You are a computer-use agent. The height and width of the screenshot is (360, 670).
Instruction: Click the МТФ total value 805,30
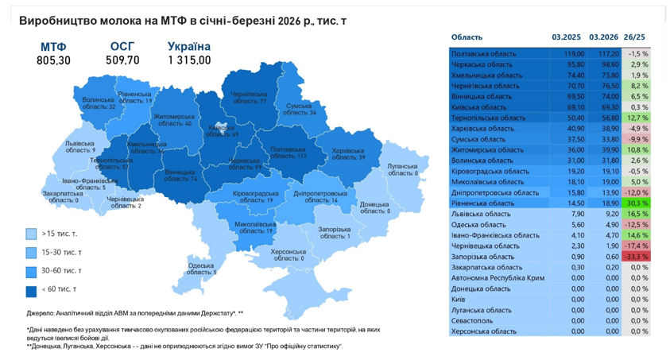53,60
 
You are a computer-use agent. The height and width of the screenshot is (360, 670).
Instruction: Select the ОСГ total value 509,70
122,60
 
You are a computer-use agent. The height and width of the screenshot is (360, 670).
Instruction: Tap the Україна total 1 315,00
189,60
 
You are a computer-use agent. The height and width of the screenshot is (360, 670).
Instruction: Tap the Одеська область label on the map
202,269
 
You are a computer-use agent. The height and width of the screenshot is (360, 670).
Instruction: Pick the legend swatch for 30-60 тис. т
31,271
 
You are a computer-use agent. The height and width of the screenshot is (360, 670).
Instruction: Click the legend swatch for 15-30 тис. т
31,253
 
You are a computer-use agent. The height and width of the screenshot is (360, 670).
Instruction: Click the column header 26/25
635,37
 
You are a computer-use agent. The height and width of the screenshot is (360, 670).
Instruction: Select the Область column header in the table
467,37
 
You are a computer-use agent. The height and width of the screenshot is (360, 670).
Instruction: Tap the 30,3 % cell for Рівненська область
637,203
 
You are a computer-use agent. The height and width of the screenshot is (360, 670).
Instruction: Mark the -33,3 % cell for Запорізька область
637,257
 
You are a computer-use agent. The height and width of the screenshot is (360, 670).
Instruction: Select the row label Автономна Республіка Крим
498,278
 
